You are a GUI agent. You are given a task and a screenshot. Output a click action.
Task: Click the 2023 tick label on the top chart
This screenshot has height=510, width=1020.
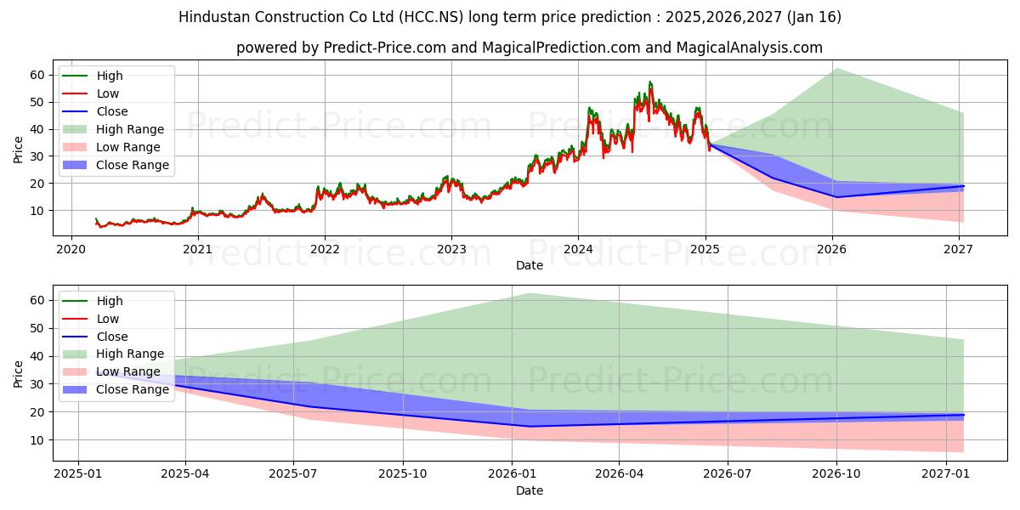point(451,249)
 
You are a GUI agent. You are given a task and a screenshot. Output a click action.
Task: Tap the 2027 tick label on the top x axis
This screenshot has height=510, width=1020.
point(958,249)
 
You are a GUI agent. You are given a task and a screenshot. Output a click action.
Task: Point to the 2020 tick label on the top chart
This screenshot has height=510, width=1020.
point(71,249)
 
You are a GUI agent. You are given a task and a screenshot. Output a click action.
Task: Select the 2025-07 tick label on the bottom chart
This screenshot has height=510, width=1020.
point(293,474)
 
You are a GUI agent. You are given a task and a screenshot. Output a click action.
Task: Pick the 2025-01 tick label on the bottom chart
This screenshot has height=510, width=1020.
point(77,474)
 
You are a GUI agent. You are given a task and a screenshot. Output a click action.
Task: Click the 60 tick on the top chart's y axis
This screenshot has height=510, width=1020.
point(36,75)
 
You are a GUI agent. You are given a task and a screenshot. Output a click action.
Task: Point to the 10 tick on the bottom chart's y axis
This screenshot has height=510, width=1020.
point(36,440)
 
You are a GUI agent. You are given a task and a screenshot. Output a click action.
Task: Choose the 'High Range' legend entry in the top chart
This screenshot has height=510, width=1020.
point(130,129)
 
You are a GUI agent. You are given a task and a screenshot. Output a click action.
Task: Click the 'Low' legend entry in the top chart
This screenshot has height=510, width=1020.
point(108,93)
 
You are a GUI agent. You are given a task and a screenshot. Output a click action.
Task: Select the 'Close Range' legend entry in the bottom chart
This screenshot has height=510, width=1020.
point(133,390)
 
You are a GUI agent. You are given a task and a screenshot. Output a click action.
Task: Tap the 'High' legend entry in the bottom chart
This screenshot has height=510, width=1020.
point(110,301)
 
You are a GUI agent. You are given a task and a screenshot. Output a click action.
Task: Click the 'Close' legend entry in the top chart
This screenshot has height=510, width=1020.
point(112,111)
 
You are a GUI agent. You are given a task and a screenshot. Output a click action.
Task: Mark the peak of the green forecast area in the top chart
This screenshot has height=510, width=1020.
point(836,68)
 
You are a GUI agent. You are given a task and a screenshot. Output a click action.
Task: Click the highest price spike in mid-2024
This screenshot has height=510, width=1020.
point(650,82)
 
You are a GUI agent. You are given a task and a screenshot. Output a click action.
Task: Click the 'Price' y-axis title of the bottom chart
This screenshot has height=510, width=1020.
point(18,373)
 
